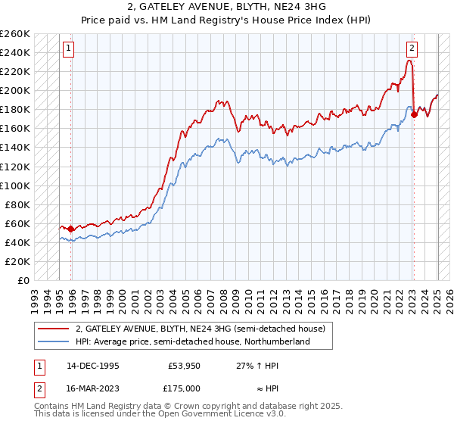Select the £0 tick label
click(x=23, y=280)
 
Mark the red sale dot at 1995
click(x=71, y=229)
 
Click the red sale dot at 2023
click(x=415, y=114)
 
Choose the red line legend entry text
click(x=200, y=329)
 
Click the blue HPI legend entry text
click(x=192, y=342)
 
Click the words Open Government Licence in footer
click(x=212, y=416)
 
